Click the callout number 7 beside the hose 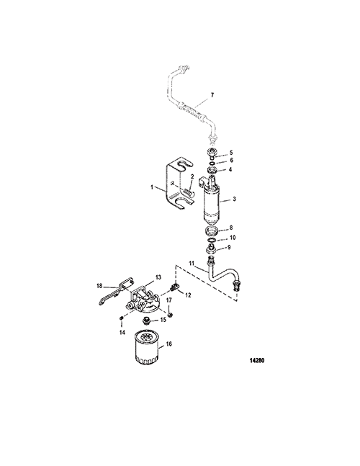[212, 95]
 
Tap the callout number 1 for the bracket [152, 187]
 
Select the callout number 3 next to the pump [234, 199]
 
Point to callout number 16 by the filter [169, 344]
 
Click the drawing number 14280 [257, 361]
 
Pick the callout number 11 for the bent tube [192, 263]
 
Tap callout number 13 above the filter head [158, 277]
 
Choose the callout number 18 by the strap [99, 286]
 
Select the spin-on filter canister [146, 348]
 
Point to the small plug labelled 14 [121, 319]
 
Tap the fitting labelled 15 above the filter [146, 321]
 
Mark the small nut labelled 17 [170, 314]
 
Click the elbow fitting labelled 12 [175, 287]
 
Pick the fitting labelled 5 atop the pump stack [210, 153]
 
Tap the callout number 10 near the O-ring [233, 238]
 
